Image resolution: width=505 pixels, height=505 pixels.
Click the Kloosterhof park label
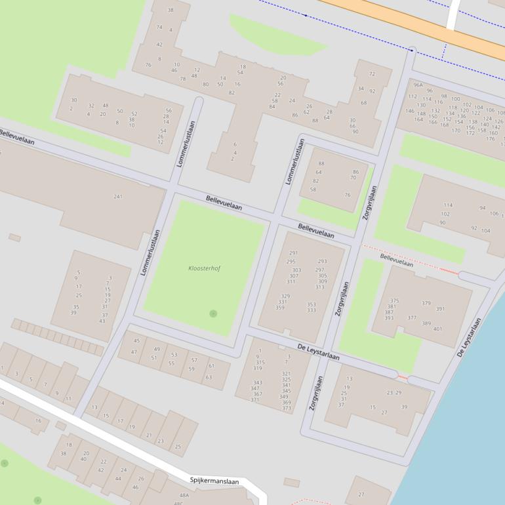coord(204,268)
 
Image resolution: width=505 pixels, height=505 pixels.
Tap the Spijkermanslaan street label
coord(214,481)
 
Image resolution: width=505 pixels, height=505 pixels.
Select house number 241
coord(118,196)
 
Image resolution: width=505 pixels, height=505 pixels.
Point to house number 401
coord(437,329)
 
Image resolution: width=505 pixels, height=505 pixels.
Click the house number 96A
coord(418,85)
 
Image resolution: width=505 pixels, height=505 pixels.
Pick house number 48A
coord(184,495)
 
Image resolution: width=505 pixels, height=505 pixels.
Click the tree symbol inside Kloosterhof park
coord(213,313)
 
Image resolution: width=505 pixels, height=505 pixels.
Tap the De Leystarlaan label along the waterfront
coord(470,337)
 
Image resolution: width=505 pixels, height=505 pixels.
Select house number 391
coord(440,309)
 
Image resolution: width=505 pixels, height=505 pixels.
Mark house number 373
coord(287,408)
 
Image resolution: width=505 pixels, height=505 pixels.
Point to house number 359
coord(280,307)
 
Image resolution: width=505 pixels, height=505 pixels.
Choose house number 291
coord(293,253)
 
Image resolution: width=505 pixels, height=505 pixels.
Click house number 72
coord(372,74)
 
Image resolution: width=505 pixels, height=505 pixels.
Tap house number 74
coord(159,27)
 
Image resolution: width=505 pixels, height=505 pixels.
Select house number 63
coord(209,377)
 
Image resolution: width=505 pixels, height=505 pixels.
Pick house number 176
coord(491,138)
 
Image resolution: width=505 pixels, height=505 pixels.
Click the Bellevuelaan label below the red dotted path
coord(397,260)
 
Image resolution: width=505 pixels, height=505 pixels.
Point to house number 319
coord(258,368)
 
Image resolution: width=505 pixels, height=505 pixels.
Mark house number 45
coord(136,340)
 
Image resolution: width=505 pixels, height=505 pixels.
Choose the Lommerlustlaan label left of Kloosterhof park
coord(151,252)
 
